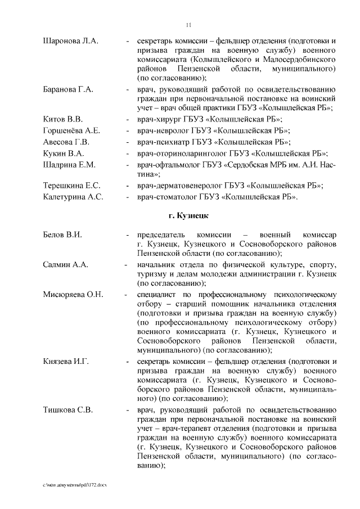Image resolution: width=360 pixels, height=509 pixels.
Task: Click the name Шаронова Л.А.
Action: (70, 41)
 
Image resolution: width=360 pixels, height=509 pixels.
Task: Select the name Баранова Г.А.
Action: (68, 89)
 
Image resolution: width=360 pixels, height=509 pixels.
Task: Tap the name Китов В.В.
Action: (63, 119)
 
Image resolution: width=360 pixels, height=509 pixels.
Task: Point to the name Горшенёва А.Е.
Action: (71, 130)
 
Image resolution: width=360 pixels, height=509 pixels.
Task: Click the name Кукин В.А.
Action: (64, 153)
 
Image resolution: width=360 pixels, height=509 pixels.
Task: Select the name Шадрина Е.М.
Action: (69, 164)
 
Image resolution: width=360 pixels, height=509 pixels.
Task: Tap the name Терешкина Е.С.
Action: (71, 186)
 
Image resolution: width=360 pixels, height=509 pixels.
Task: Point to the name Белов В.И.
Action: (63, 234)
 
